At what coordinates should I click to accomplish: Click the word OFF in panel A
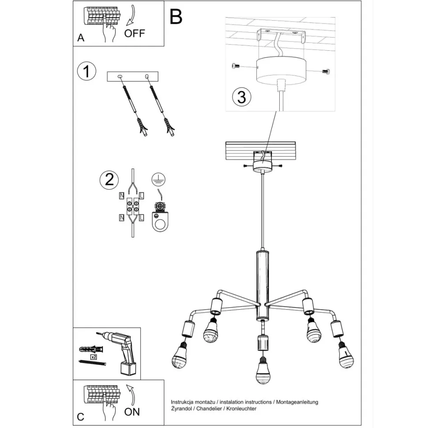134,33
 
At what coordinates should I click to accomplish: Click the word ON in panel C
132,412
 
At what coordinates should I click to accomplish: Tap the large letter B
176,16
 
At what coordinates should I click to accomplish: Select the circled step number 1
86,71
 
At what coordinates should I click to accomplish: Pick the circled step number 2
109,180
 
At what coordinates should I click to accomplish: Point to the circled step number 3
241,97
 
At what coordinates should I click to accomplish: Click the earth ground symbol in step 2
158,179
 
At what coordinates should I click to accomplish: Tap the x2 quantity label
94,357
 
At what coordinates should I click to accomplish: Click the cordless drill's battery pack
128,368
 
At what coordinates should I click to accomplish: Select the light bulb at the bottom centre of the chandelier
263,371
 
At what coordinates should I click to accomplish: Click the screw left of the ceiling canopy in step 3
236,65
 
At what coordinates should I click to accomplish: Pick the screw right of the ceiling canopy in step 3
326,71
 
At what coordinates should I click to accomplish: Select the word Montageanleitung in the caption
297,402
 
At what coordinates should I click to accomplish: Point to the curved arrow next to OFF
131,15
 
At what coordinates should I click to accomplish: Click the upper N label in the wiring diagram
122,195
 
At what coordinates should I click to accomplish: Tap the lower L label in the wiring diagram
141,218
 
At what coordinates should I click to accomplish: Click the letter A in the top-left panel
81,38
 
